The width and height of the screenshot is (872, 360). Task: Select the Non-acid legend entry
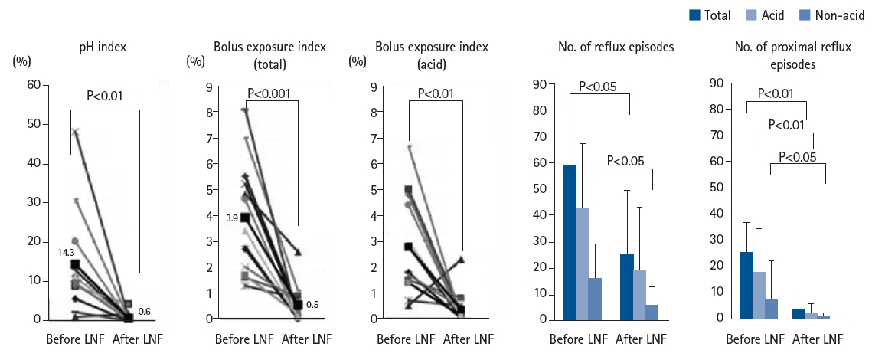click(826, 15)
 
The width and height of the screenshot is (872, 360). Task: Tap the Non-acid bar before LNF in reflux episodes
click(594, 298)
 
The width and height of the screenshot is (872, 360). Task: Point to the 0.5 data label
click(313, 306)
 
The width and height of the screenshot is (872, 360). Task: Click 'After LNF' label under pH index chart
click(138, 339)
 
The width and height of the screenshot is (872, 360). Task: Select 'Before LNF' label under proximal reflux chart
click(755, 339)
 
